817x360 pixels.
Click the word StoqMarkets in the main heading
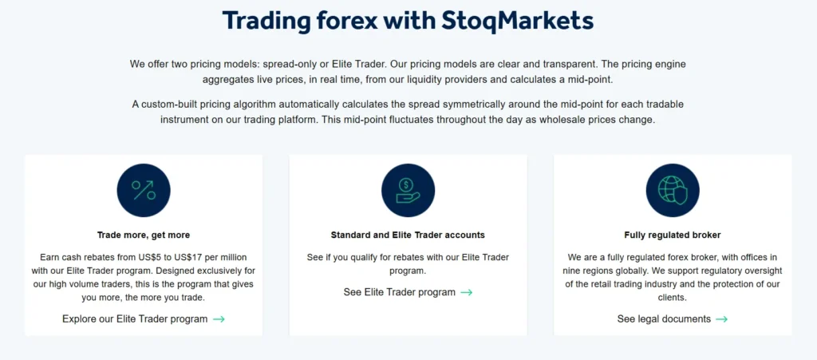(518, 20)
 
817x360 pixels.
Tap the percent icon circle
(144, 190)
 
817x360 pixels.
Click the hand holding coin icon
(408, 190)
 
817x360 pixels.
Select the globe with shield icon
(673, 190)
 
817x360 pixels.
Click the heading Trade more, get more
(144, 235)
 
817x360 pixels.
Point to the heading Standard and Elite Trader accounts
(408, 235)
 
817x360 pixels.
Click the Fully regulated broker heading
(673, 235)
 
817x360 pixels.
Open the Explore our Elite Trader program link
(135, 318)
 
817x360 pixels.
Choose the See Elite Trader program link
(400, 292)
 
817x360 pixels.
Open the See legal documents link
(664, 318)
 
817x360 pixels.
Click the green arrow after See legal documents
(721, 318)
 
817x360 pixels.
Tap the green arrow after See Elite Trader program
(467, 292)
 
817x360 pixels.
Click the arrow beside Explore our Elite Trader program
(219, 318)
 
